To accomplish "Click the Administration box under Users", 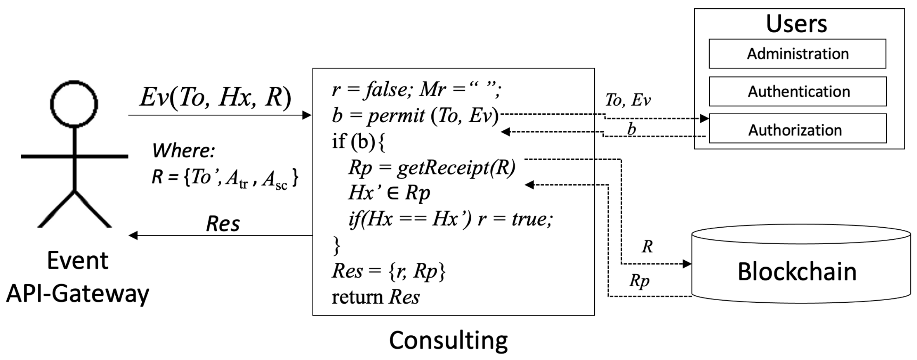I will pyautogui.click(x=797, y=54).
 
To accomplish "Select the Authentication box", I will pyautogui.click(x=798, y=91).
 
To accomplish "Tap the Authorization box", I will pyautogui.click(x=798, y=130).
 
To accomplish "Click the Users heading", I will pyautogui.click(x=796, y=24).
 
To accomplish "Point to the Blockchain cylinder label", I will pyautogui.click(x=797, y=272).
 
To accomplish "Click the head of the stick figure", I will pyautogui.click(x=74, y=104).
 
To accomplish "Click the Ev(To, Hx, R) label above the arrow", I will pyautogui.click(x=215, y=97).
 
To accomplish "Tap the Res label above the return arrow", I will pyautogui.click(x=223, y=224).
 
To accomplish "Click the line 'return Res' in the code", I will pyautogui.click(x=375, y=297).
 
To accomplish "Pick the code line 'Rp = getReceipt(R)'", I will pyautogui.click(x=432, y=167).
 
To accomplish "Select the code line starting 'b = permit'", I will pyautogui.click(x=415, y=115).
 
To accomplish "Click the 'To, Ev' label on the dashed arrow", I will pyautogui.click(x=628, y=100).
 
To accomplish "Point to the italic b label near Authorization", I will pyautogui.click(x=631, y=129).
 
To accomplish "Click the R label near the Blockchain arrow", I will pyautogui.click(x=647, y=246).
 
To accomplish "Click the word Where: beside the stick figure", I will pyautogui.click(x=184, y=150).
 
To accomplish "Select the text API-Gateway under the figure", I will pyautogui.click(x=77, y=294).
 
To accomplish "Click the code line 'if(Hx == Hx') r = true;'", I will pyautogui.click(x=450, y=219).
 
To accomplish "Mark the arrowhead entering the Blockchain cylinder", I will pyautogui.click(x=687, y=264).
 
